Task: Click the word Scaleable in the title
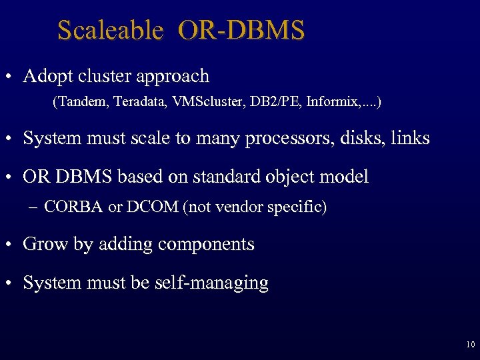[x=110, y=30]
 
